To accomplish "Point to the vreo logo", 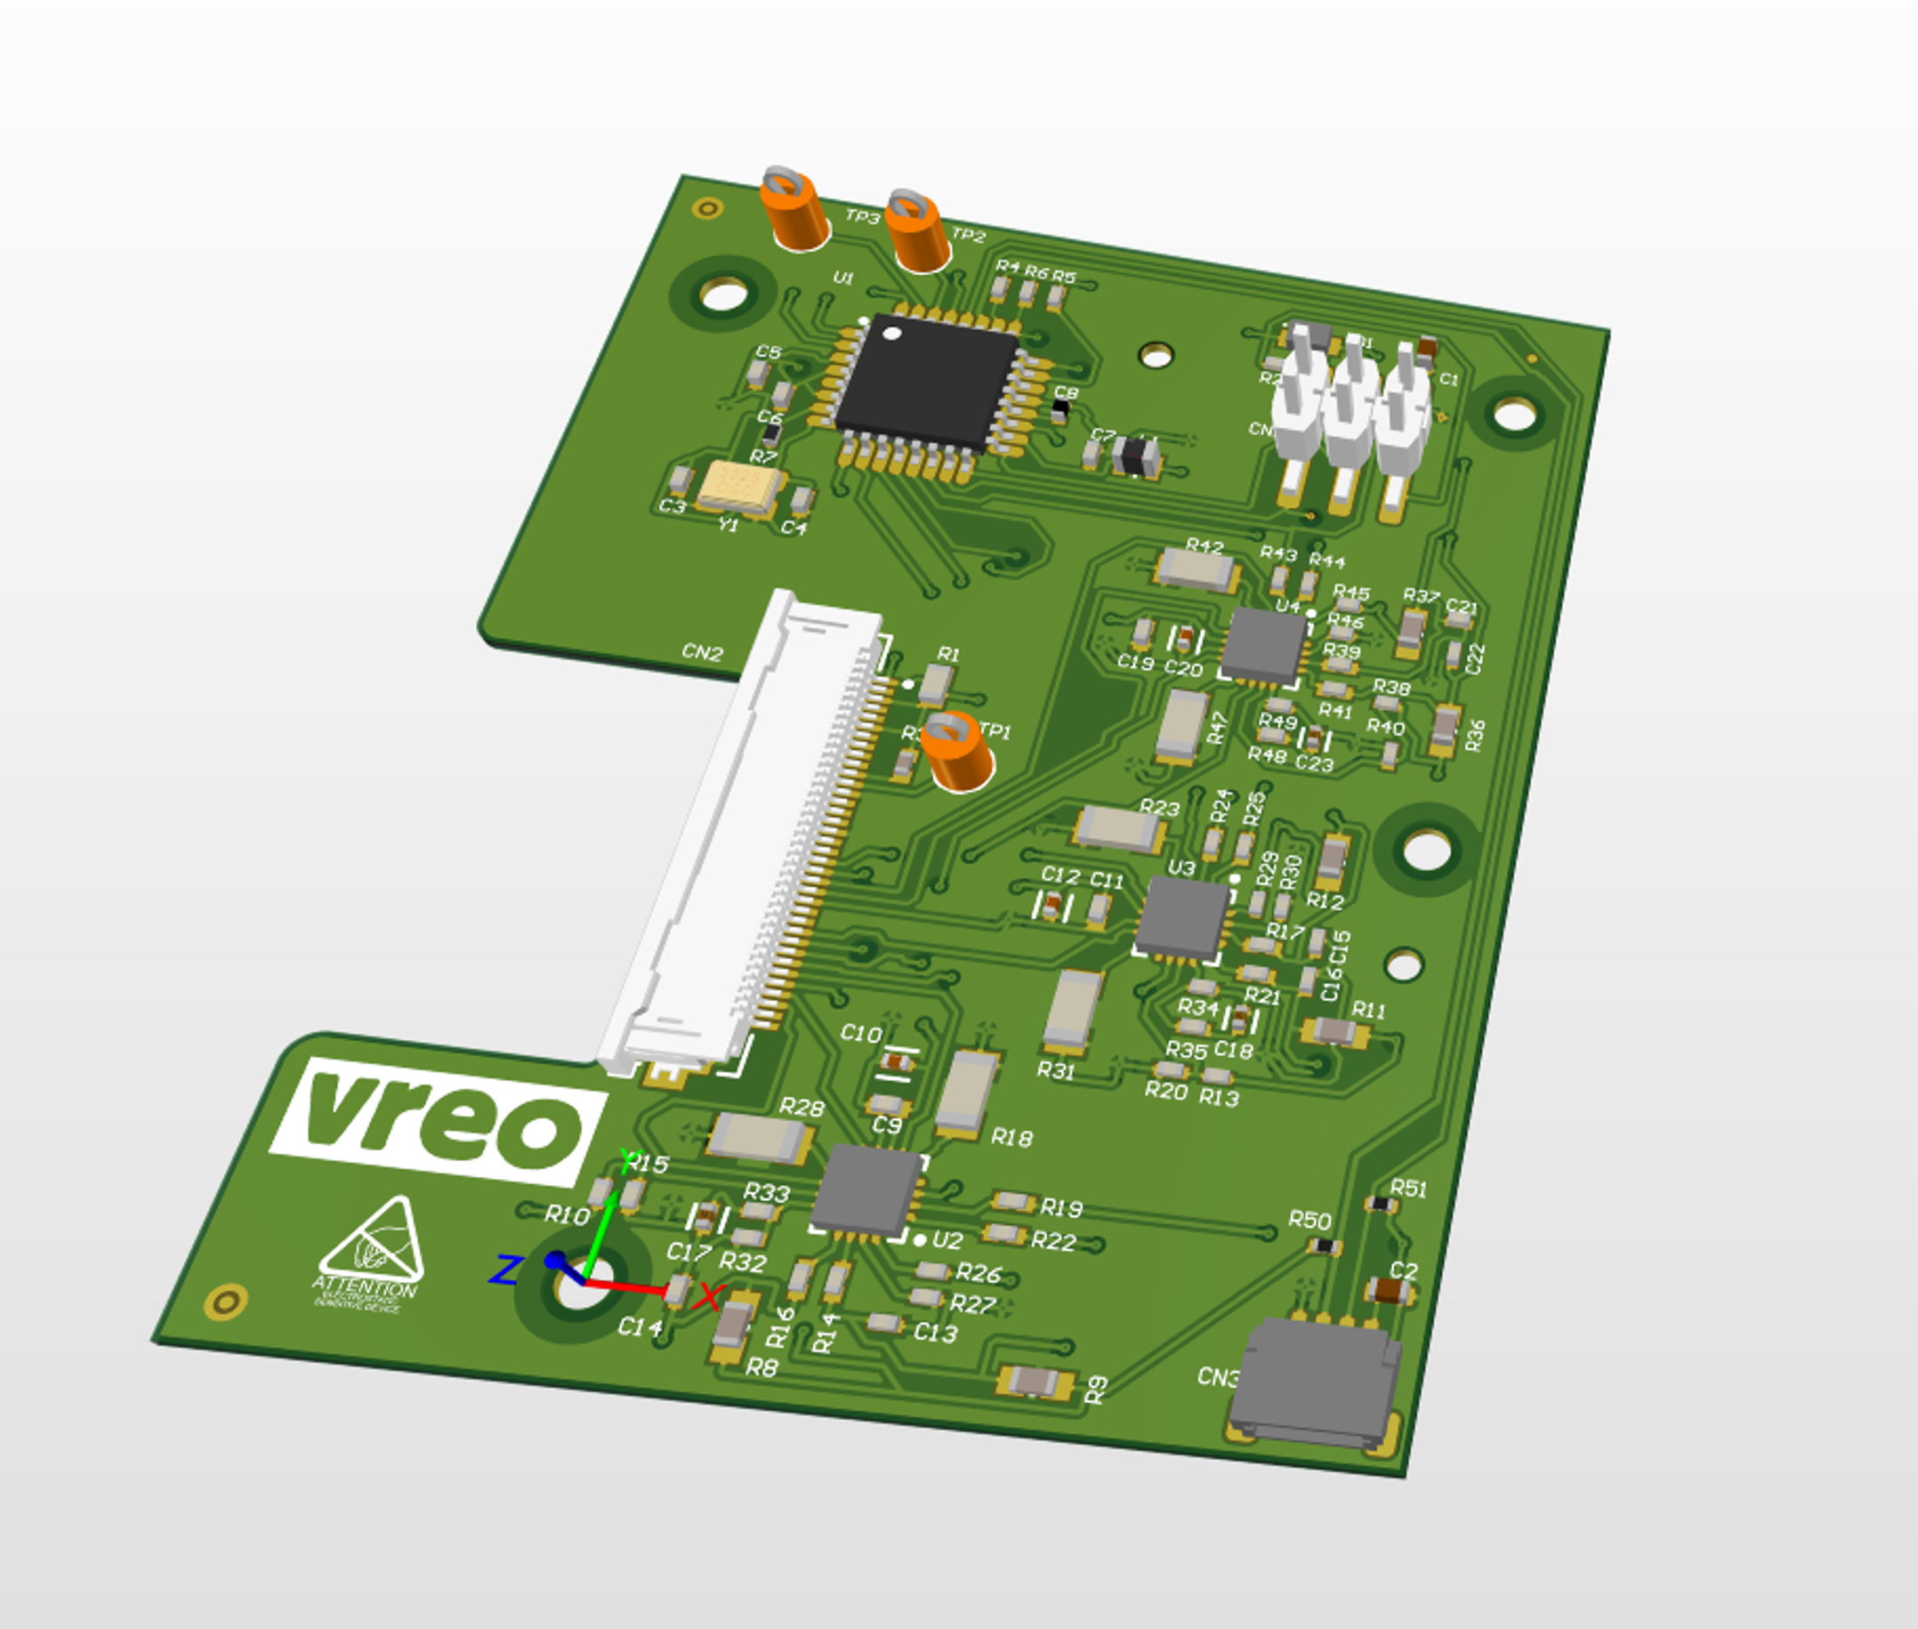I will (x=439, y=1124).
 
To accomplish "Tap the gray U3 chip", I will (x=1182, y=916).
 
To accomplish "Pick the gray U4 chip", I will (x=1262, y=646).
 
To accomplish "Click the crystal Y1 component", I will (x=739, y=488).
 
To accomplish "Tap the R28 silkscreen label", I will (x=801, y=1108).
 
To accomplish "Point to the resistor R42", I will (x=1196, y=569).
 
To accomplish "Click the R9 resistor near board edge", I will (x=1036, y=1382).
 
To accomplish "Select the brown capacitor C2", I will (x=1386, y=1290).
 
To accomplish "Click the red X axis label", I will (x=706, y=1297).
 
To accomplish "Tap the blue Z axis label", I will (x=505, y=1270).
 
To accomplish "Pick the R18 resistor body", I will (x=966, y=1093).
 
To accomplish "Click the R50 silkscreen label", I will (x=1310, y=1221).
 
